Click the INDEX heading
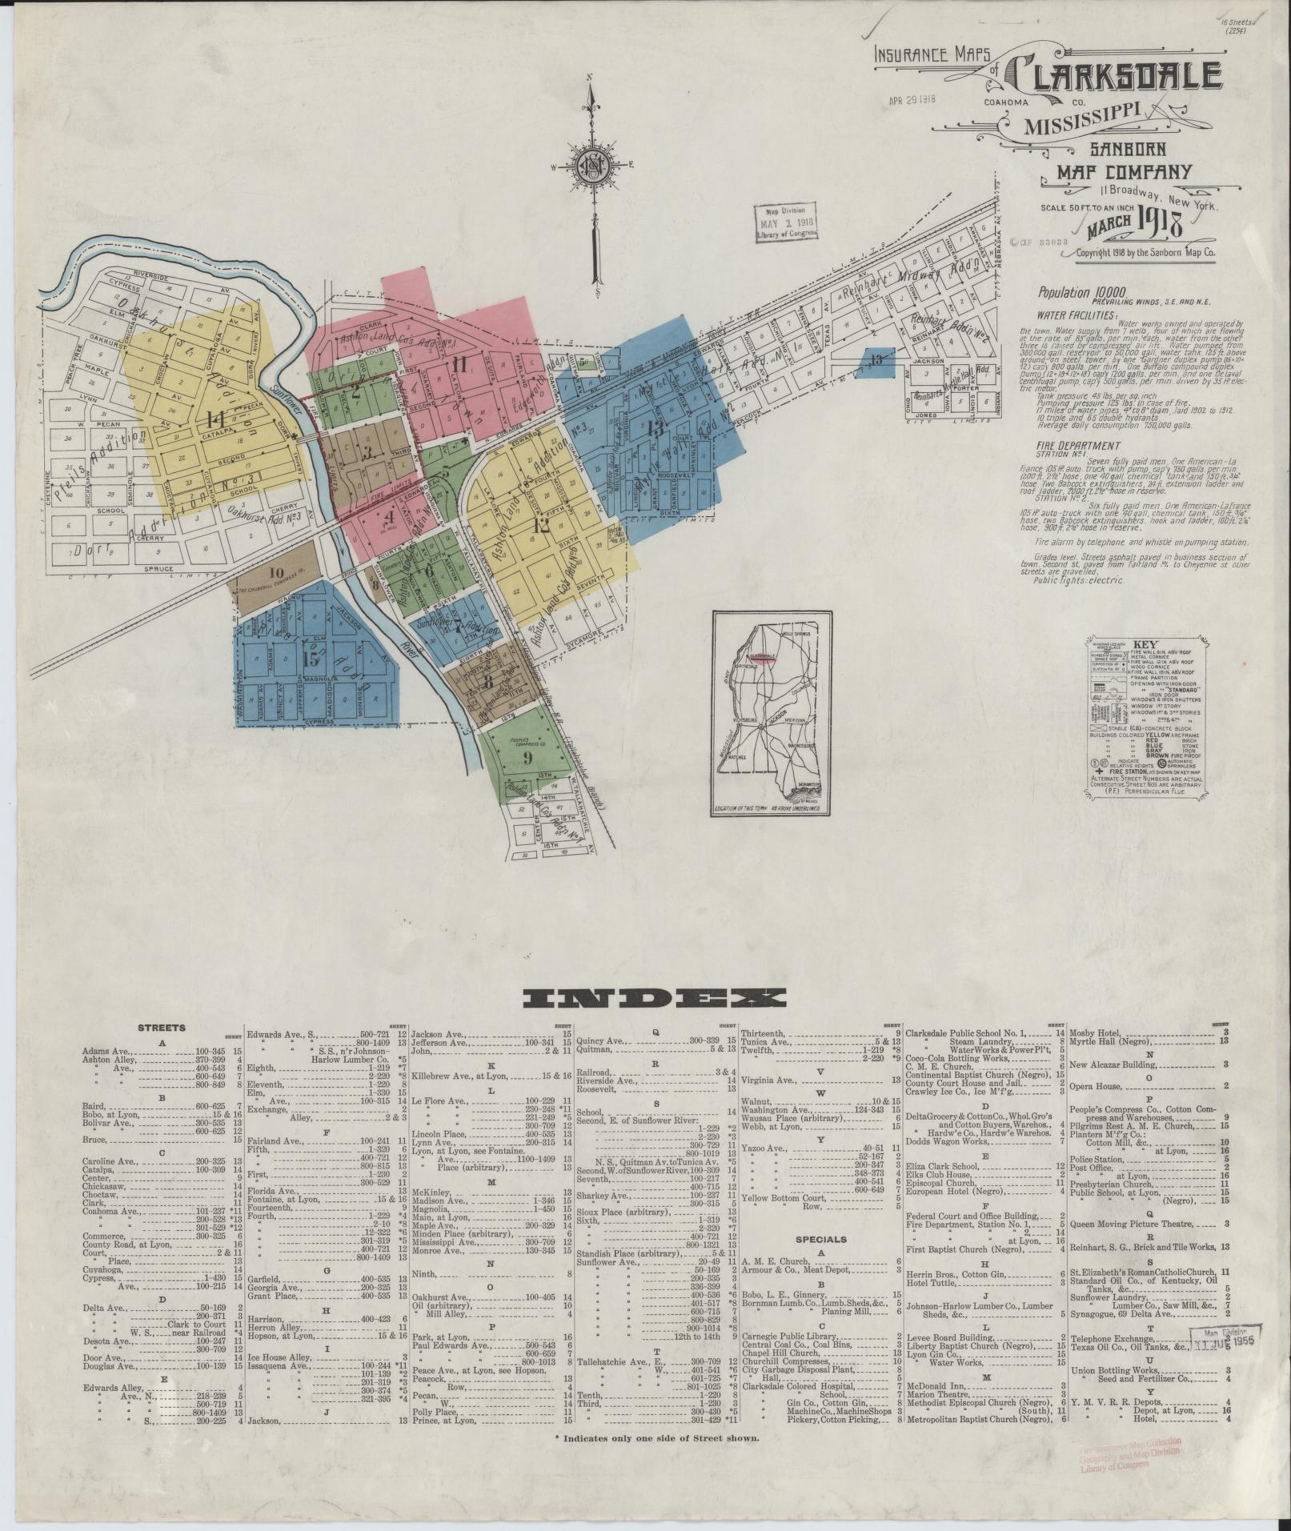(655, 997)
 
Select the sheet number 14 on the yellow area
(214, 418)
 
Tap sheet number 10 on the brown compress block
(277, 572)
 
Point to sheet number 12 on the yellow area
(541, 525)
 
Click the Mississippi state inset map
(770, 712)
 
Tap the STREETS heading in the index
(162, 1028)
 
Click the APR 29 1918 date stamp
(912, 100)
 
